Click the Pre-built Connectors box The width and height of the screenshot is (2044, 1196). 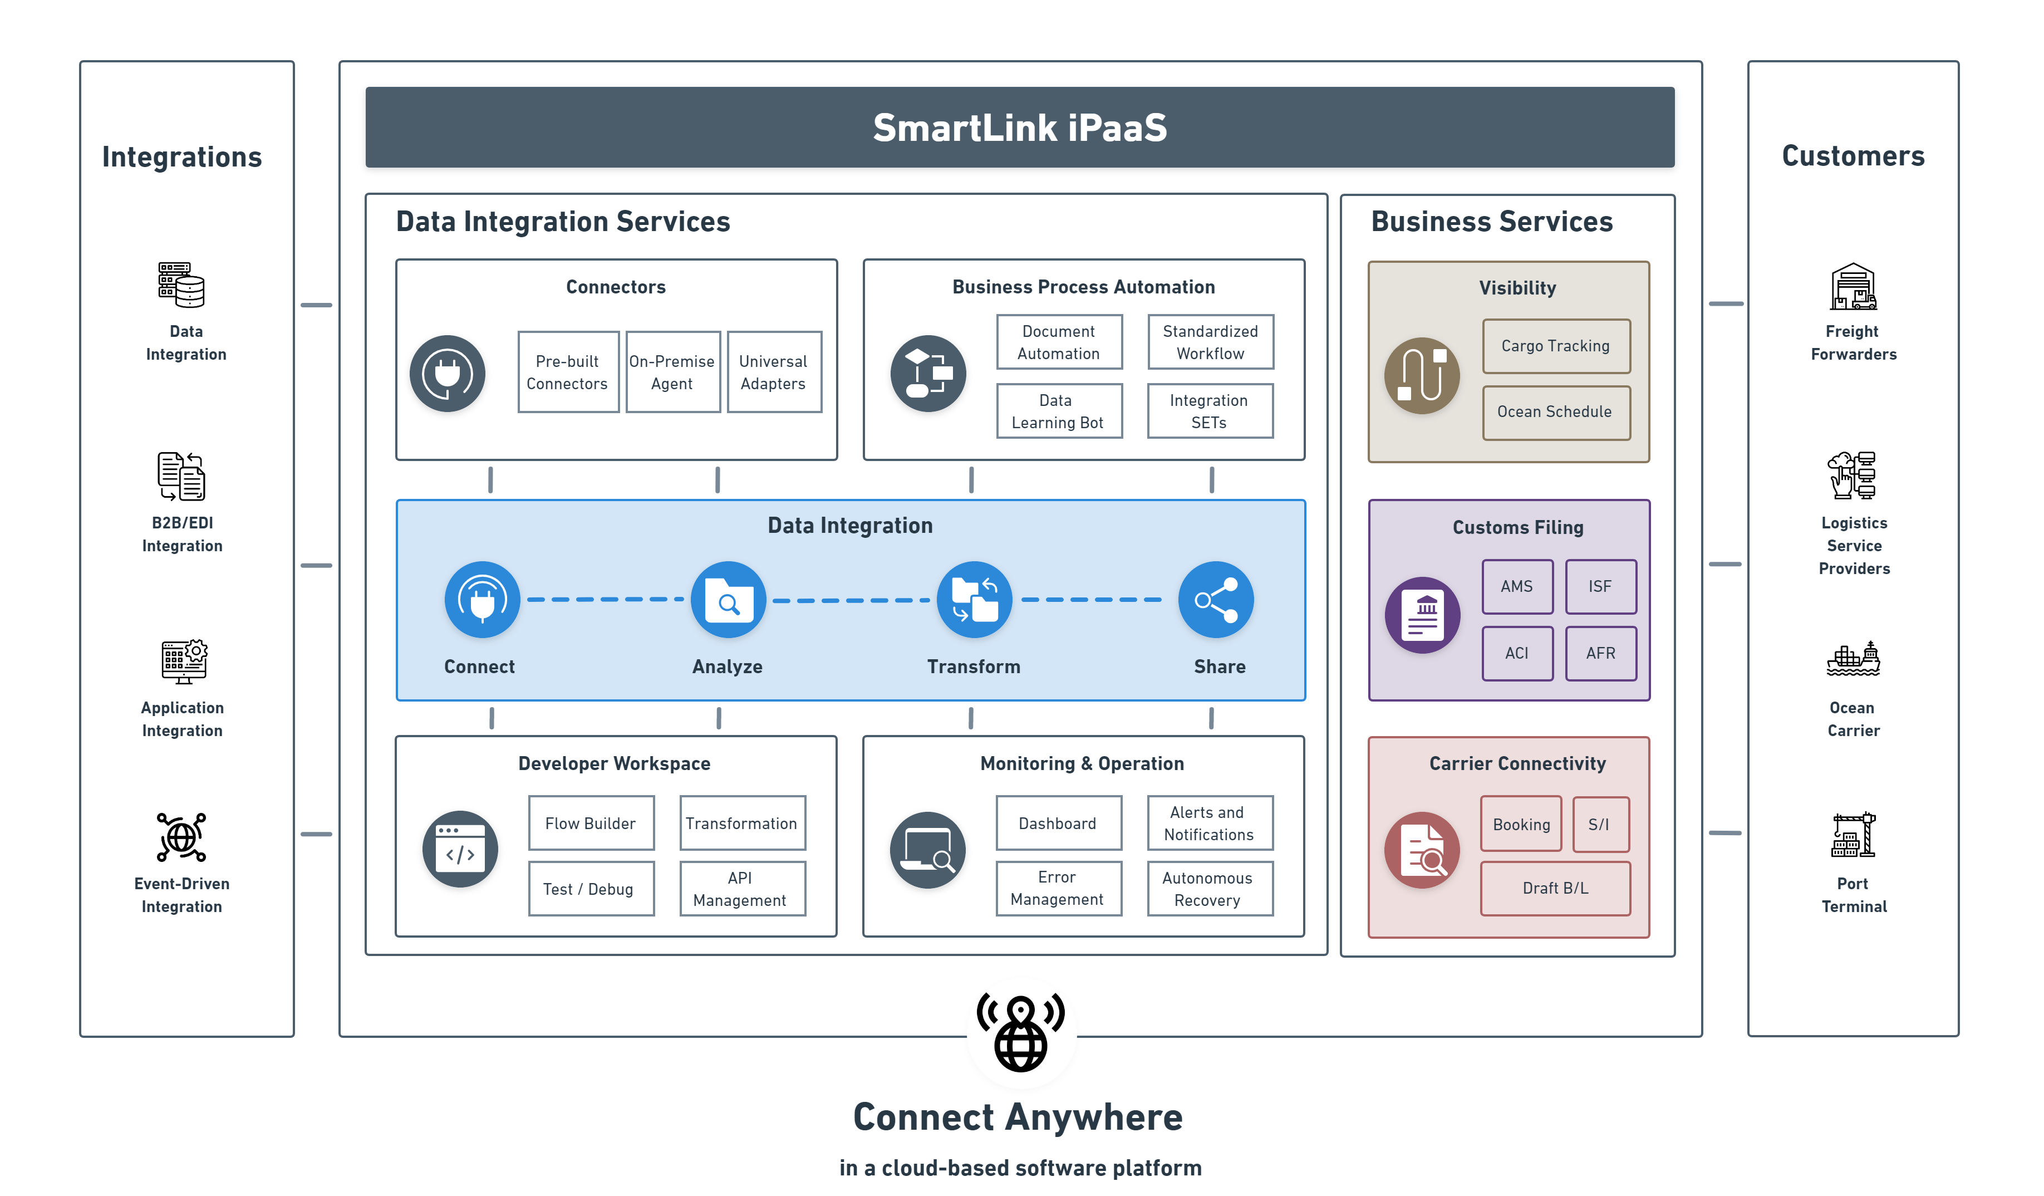point(568,372)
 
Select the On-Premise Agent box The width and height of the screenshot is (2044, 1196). point(672,372)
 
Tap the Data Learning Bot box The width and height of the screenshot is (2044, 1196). point(1059,411)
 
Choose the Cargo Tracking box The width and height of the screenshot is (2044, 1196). point(1556,346)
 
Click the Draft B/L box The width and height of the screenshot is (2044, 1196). point(1555,889)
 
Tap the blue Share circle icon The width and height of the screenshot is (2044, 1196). point(1215,600)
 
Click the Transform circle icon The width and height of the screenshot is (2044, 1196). point(974,600)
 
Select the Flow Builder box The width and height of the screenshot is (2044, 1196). point(591,824)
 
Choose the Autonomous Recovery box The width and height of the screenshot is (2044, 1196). point(1208,889)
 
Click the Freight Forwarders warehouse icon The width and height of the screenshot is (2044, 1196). point(1854,287)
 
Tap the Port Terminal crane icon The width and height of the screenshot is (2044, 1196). point(1854,836)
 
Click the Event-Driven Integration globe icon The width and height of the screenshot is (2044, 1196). point(181,837)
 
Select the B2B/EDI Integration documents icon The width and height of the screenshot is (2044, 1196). point(181,476)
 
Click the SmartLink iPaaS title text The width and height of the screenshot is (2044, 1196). point(1020,128)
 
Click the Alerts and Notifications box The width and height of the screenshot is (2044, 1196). point(1208,824)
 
